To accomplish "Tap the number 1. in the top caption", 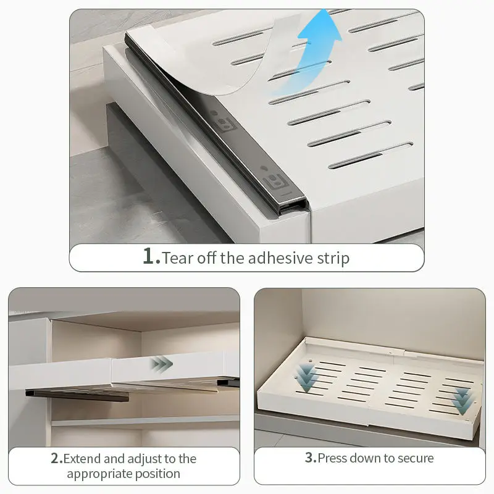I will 151,256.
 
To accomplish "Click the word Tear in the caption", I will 178,257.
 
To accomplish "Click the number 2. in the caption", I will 56,459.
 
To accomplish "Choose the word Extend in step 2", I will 85,459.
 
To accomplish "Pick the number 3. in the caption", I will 311,458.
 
